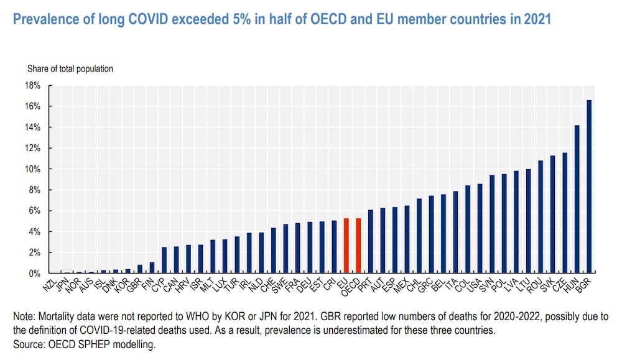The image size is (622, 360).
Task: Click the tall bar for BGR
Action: [x=588, y=187]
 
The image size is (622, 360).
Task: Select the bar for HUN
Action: [x=577, y=199]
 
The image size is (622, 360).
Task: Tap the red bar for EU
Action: [x=346, y=246]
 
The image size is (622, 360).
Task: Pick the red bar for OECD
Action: [x=358, y=246]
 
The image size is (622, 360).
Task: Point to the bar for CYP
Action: [x=164, y=260]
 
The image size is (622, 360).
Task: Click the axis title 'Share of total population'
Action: [x=70, y=68]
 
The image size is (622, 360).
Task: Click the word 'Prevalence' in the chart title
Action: [x=43, y=20]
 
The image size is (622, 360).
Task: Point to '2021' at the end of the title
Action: [x=536, y=20]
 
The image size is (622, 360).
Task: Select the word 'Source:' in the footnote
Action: [x=27, y=343]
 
